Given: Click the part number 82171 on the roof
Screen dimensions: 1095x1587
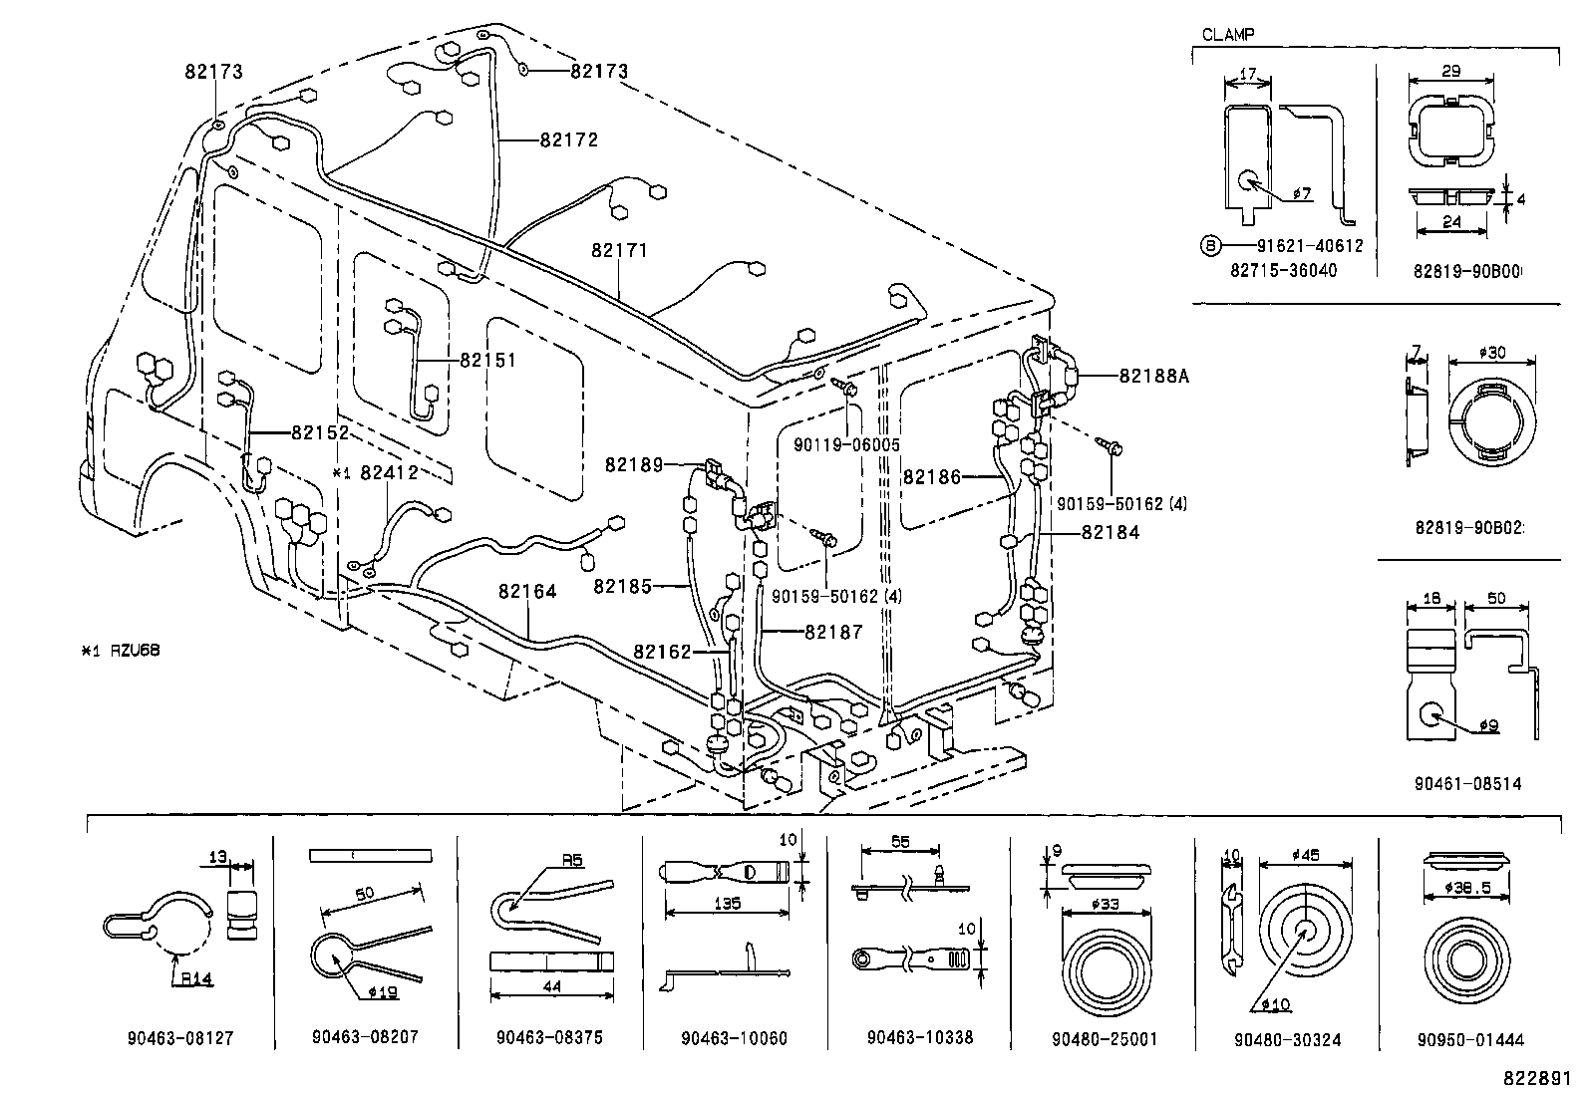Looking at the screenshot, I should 619,250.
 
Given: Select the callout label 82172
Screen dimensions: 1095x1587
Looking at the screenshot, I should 569,140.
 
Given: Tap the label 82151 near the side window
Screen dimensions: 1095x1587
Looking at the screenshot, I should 488,360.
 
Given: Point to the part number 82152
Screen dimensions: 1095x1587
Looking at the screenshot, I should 320,432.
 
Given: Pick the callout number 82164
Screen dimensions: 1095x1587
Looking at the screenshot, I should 527,592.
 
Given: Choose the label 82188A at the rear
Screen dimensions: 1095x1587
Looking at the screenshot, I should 1154,376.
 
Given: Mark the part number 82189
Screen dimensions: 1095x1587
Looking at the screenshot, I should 634,464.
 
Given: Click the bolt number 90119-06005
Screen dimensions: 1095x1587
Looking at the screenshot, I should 844,445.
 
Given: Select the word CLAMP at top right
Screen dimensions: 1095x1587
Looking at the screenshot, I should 1228,34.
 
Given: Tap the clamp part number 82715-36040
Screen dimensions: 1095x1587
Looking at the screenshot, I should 1283,270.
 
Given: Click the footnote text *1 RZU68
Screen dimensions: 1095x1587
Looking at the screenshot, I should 121,651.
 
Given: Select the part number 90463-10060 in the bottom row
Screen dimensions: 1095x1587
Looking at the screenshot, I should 734,1038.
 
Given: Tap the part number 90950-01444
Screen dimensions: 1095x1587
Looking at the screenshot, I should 1470,1039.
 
